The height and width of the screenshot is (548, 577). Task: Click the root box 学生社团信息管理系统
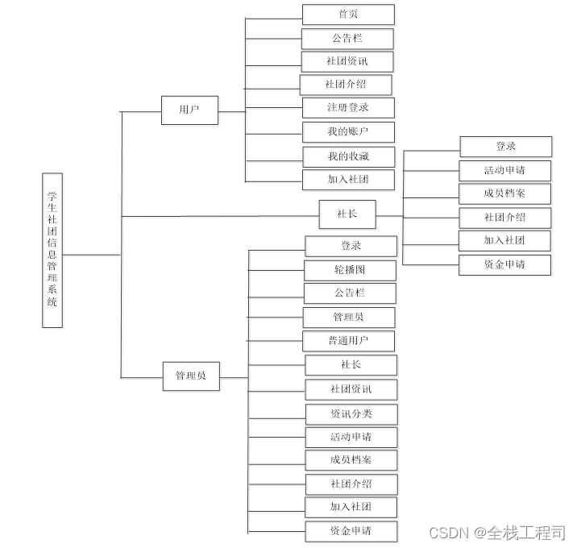point(52,250)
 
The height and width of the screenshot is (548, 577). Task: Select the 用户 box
point(189,110)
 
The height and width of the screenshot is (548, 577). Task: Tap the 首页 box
point(348,15)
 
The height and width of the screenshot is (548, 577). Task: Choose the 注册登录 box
point(348,108)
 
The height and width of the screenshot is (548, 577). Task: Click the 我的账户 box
point(348,132)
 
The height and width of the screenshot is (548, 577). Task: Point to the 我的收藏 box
point(348,156)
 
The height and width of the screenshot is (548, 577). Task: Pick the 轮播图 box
point(350,270)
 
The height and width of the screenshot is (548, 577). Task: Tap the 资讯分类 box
point(351,414)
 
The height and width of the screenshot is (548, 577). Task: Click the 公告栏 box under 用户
point(348,38)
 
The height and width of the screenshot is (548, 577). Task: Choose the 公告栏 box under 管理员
point(350,293)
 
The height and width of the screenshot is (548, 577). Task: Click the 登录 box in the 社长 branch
point(505,147)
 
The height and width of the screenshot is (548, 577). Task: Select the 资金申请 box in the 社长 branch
point(504,264)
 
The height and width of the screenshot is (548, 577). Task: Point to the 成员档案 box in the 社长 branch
point(504,193)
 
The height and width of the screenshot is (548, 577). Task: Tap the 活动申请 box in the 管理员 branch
point(351,438)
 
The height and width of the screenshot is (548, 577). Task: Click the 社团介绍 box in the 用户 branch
point(347,85)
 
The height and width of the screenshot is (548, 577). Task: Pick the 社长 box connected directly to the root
point(347,214)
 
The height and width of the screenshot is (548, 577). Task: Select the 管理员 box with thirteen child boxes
point(191,376)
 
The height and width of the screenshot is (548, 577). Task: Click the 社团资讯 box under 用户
point(348,61)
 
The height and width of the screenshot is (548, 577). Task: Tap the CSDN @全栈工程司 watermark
point(497,533)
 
